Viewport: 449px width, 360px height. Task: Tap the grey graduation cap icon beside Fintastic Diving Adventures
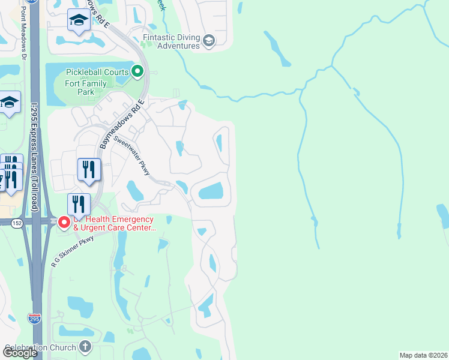click(x=209, y=41)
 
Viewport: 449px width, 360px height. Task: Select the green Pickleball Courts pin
click(x=137, y=73)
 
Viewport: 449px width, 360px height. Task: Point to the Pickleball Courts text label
click(x=97, y=73)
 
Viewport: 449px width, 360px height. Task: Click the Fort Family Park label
click(x=85, y=88)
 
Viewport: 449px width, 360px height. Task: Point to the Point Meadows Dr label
click(x=24, y=32)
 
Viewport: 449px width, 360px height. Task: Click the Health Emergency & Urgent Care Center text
click(x=114, y=224)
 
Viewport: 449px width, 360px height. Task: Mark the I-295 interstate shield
click(x=35, y=319)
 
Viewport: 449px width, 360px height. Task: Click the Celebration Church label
click(x=41, y=347)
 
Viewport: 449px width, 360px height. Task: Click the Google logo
click(x=20, y=353)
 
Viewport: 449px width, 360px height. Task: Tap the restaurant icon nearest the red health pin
click(x=79, y=204)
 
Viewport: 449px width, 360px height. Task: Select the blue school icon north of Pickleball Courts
click(x=78, y=20)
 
